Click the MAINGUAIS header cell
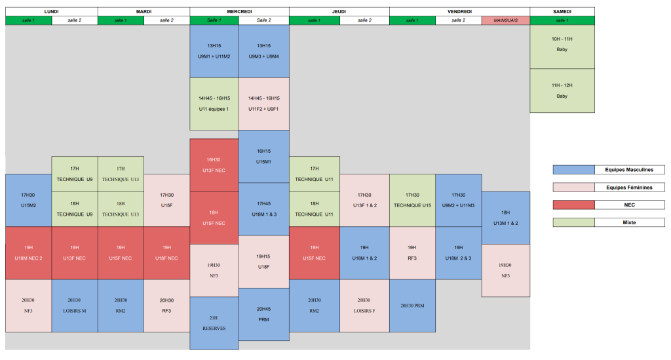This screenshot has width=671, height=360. [x=505, y=20]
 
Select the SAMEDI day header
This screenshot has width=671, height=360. [x=562, y=11]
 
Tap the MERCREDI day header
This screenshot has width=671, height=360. [x=239, y=11]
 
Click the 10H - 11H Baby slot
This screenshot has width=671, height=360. [x=562, y=44]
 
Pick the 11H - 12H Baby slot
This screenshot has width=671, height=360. [x=562, y=90]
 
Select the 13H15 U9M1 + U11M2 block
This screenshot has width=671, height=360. [x=214, y=51]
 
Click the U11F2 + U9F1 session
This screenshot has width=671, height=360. [x=264, y=104]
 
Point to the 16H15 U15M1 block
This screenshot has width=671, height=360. [x=264, y=155]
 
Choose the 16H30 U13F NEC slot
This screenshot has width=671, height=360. [x=214, y=165]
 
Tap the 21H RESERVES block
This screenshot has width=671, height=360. [x=214, y=323]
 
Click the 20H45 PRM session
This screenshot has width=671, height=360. [x=264, y=314]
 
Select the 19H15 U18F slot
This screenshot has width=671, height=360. [x=264, y=262]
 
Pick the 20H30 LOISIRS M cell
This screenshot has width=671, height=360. [x=75, y=306]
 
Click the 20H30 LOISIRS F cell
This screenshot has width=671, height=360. [x=364, y=306]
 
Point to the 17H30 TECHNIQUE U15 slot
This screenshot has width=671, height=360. [x=412, y=200]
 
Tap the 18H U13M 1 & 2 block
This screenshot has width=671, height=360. [x=506, y=218]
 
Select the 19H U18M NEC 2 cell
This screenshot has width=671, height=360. [x=28, y=252]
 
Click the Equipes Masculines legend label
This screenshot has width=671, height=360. [x=629, y=170]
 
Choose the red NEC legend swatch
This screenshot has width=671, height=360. [x=573, y=205]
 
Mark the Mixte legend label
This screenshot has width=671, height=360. [x=629, y=223]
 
